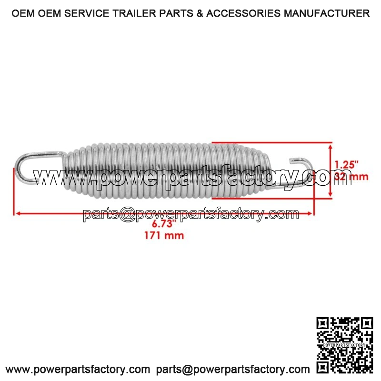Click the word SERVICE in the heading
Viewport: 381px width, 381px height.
pos(94,14)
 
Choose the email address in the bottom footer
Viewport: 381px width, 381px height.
pos(233,369)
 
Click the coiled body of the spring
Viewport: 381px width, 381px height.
pos(157,170)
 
